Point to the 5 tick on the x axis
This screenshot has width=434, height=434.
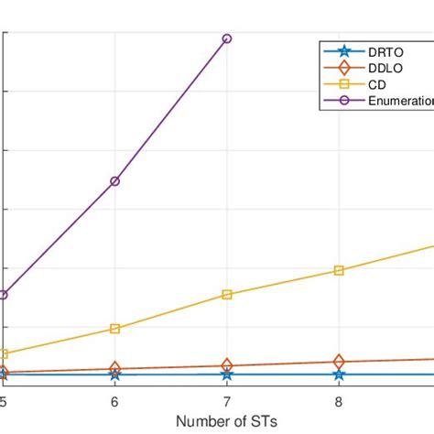tap(4, 401)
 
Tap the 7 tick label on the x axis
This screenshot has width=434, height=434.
tap(227, 401)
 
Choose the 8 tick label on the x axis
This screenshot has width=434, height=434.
tap(339, 401)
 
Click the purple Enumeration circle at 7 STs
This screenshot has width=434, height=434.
tap(227, 38)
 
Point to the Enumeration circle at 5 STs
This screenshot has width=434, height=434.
tap(4, 295)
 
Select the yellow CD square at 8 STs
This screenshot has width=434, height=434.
tap(339, 270)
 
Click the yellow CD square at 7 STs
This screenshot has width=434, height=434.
tap(227, 295)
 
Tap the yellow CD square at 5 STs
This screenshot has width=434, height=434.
tap(4, 353)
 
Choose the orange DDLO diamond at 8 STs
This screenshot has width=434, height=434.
tap(339, 362)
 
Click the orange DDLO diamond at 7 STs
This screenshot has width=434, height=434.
tap(227, 365)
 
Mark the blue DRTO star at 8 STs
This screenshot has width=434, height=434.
tap(339, 374)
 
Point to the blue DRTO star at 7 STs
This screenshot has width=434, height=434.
tap(227, 374)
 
